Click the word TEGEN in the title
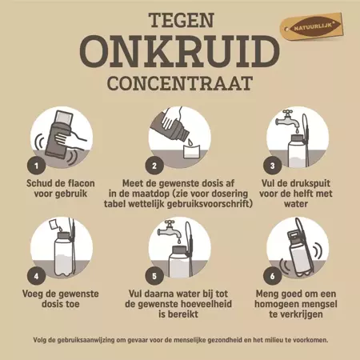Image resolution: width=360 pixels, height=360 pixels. [x=179, y=18]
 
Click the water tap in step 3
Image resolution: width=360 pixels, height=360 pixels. [x=285, y=120]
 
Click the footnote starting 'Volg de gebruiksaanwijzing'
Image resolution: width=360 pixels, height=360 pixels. [x=180, y=338]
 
